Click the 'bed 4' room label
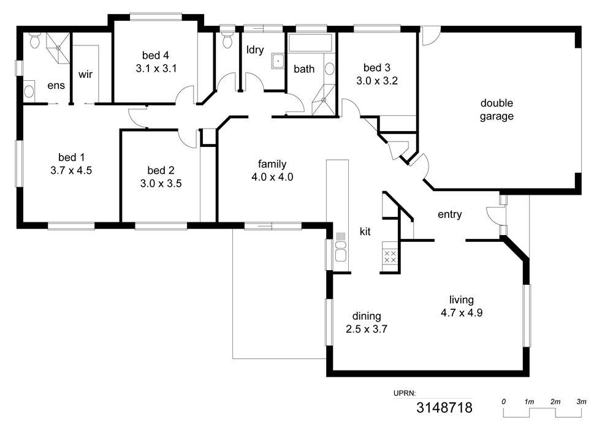(x=156, y=56)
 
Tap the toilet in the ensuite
(x=34, y=40)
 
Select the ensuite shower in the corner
(x=58, y=48)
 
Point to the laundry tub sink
(x=278, y=61)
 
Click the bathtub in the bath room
(x=310, y=42)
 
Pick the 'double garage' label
(x=497, y=110)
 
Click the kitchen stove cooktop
(x=390, y=257)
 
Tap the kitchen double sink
(x=341, y=251)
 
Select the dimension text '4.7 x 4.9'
(x=462, y=313)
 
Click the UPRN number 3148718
(x=444, y=408)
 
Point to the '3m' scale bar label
(x=581, y=401)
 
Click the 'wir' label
(x=85, y=74)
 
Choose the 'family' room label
(x=272, y=164)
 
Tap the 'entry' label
(x=449, y=214)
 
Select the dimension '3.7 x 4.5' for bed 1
(x=71, y=171)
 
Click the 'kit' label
(x=365, y=232)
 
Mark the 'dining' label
(x=367, y=316)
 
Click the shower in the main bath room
(x=324, y=100)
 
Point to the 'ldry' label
(x=255, y=50)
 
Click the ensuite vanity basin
(x=29, y=91)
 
